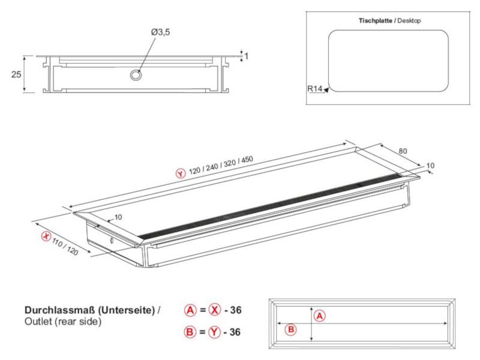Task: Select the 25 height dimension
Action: (x=16, y=74)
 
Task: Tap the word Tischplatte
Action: (x=376, y=20)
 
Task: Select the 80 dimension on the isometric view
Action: (x=403, y=151)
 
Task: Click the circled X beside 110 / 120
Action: (x=45, y=236)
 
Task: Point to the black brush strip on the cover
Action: (x=270, y=205)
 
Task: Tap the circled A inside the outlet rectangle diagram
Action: (x=319, y=316)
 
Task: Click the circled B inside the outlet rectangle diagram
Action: (x=290, y=329)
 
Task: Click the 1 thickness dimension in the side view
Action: (x=247, y=56)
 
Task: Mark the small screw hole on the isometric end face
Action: (x=112, y=239)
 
